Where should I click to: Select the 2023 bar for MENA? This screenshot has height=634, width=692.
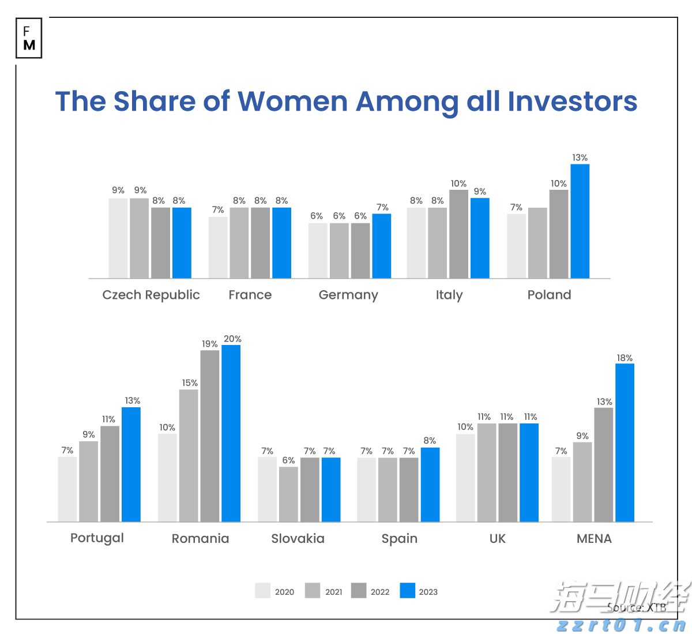[x=625, y=442]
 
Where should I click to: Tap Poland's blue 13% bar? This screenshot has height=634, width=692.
[x=580, y=221]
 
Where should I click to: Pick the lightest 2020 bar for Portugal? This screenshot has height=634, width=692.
[x=67, y=489]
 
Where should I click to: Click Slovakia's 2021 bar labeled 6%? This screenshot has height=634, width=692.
[x=288, y=494]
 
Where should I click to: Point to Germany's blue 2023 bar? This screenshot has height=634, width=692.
[x=381, y=246]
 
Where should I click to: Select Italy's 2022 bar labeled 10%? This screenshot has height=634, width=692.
[x=458, y=234]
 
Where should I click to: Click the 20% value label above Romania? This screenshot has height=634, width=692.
[x=232, y=339]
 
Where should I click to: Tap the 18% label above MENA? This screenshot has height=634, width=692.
[x=625, y=358]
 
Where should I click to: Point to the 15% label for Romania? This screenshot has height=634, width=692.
[x=190, y=382]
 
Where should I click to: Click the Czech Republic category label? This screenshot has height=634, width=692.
[x=151, y=295]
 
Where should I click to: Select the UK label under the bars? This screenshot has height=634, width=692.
[x=497, y=538]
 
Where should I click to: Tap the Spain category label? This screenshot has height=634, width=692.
[x=399, y=538]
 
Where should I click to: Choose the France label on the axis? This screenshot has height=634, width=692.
[x=250, y=295]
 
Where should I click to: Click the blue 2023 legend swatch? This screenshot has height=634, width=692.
[x=407, y=591]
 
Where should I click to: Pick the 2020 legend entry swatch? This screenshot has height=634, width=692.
[x=262, y=591]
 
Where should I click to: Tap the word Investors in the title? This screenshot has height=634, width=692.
[x=572, y=102]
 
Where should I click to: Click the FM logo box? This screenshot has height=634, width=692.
[x=29, y=39]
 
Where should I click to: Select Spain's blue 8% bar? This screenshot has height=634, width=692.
[x=430, y=485]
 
